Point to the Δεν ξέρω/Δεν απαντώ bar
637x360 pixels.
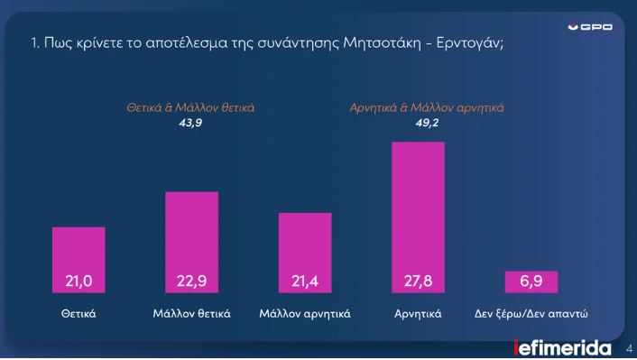[x=531, y=282]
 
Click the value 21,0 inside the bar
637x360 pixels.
[x=78, y=282]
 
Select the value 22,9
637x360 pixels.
[x=191, y=282]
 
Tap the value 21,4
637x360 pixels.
[x=305, y=282]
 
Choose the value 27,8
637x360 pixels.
[x=418, y=282]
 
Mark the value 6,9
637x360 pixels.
[x=531, y=282]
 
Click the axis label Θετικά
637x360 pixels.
[x=78, y=315]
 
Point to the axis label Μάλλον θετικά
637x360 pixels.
[x=191, y=315]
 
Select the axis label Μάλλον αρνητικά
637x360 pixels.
[x=305, y=315]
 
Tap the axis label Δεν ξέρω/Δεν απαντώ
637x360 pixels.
[x=531, y=315]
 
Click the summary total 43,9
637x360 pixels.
[x=189, y=123]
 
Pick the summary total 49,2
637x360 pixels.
[x=427, y=123]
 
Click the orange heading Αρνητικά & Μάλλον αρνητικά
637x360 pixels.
[x=427, y=107]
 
